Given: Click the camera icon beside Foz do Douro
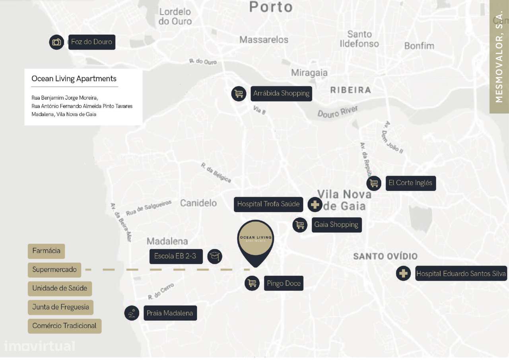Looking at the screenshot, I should (57, 42).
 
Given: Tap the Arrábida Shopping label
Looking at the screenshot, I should (281, 93).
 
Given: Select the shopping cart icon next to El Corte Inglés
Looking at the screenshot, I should (373, 183).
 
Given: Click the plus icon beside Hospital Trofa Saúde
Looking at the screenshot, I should (315, 204).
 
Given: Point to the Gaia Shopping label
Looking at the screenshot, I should (336, 225).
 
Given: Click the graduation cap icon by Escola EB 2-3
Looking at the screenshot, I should (215, 256).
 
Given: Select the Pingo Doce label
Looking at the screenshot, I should (284, 284).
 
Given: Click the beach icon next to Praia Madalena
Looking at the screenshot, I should (132, 313).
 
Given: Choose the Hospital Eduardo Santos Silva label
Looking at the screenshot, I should (461, 274).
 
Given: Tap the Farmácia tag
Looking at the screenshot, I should (46, 251).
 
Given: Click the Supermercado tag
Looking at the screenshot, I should (54, 270).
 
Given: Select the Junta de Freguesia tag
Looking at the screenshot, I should (60, 307).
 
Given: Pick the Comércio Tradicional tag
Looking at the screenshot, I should (64, 326).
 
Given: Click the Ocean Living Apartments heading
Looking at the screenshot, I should (74, 79).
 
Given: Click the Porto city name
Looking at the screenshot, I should (271, 7).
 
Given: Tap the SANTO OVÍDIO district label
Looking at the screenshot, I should (385, 256).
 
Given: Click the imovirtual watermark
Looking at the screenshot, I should (39, 346).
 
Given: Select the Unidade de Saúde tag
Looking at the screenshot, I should (60, 288).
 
